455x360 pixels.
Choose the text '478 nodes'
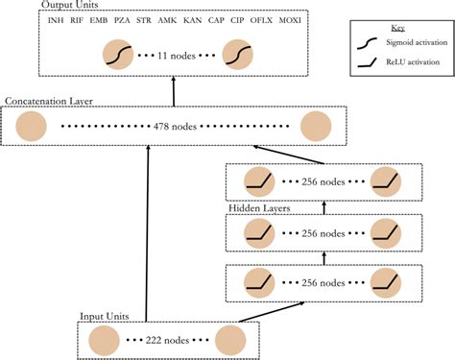174,126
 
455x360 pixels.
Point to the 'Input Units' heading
108,315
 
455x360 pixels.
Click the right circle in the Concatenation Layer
315,126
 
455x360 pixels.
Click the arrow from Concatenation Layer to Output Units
174,93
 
